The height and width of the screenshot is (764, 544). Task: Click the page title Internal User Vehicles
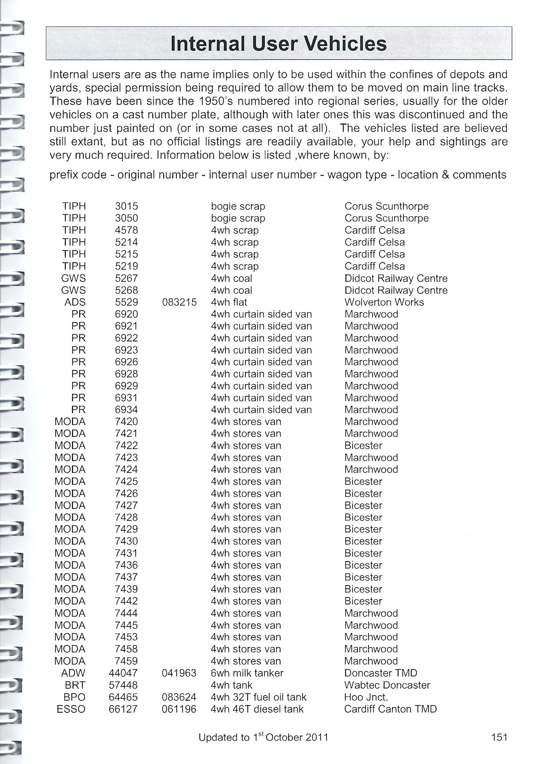[x=278, y=44]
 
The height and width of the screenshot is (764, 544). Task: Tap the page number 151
[x=499, y=737]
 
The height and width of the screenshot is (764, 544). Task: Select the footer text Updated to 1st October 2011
[x=263, y=737]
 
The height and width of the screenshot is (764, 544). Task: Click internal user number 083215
[x=180, y=302]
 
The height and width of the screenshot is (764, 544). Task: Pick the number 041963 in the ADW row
[x=179, y=673]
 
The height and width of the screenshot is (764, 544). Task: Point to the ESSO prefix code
[x=71, y=709]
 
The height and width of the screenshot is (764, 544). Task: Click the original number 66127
[x=123, y=709]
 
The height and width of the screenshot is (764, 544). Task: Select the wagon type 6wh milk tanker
[x=247, y=673]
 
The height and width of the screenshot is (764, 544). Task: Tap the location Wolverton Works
[x=384, y=302]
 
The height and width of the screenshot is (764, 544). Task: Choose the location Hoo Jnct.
[x=366, y=697]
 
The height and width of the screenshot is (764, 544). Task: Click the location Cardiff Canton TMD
[x=390, y=709]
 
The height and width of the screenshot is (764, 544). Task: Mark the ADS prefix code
[x=75, y=302]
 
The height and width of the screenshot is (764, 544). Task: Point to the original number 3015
[x=126, y=206]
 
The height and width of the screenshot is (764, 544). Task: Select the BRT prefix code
[x=75, y=685]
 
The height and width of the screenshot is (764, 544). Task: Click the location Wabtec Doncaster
[x=387, y=685]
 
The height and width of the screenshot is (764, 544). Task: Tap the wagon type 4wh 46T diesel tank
[x=257, y=709]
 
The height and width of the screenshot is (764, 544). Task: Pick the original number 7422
[x=126, y=445]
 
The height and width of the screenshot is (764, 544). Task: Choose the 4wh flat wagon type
[x=229, y=302]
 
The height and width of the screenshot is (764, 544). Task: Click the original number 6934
[x=126, y=409]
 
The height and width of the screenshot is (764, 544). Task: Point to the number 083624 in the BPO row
[x=179, y=697]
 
